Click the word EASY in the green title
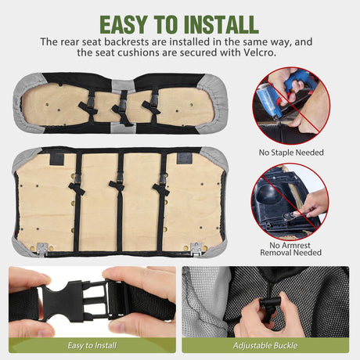124,25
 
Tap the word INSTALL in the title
221,25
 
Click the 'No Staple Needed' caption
291,153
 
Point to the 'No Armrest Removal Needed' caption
290,249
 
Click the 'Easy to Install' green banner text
92,345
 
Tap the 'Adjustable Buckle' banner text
265,345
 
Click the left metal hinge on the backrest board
42,247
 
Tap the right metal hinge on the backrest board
196,247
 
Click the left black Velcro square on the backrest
57,159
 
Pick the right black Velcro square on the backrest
185,158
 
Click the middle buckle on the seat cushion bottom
123,99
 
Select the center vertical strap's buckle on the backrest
120,178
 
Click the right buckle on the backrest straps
163,179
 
